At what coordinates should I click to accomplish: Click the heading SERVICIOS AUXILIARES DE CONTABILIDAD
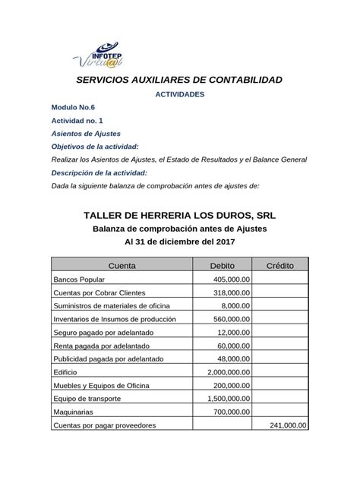(179, 80)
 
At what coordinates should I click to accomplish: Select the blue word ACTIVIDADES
(179, 95)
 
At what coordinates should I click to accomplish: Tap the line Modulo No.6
(73, 108)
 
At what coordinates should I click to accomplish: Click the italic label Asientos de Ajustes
(85, 134)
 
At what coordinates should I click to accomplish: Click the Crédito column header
(280, 266)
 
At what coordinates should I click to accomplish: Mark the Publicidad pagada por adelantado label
(111, 359)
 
